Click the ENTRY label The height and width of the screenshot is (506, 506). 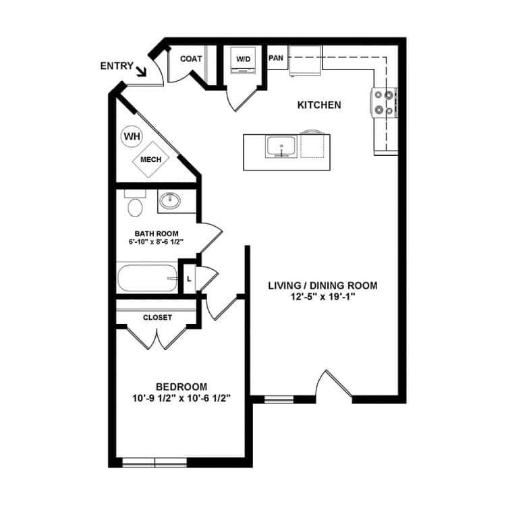(116, 65)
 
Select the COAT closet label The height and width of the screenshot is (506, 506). (192, 59)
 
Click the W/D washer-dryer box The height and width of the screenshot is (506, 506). (243, 59)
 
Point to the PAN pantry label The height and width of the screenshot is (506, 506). (276, 58)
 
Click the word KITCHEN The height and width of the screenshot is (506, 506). (319, 105)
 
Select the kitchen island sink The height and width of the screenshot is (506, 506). (280, 146)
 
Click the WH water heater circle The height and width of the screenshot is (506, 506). (132, 136)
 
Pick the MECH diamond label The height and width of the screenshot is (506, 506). (149, 159)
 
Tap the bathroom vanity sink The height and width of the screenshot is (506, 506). (169, 200)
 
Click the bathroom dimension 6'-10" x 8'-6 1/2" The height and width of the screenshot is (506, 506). (157, 242)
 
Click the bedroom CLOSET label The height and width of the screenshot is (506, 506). (157, 317)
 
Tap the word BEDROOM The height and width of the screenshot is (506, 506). (181, 387)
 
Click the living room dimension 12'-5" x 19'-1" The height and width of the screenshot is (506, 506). (322, 297)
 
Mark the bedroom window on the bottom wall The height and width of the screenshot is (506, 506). (156, 462)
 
